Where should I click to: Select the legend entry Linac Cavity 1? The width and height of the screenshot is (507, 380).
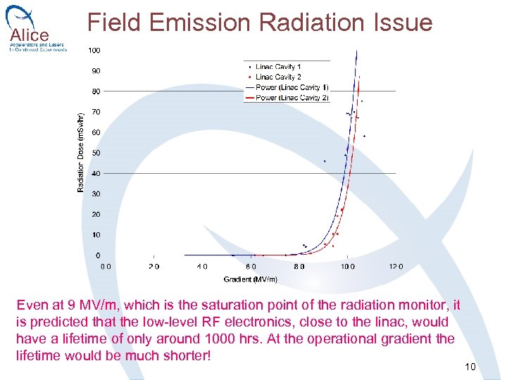tap(278, 67)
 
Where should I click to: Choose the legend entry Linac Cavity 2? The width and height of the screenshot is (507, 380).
tap(278, 77)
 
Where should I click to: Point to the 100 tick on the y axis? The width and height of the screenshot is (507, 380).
tap(94, 51)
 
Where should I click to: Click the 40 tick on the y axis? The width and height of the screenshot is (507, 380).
tap(95, 174)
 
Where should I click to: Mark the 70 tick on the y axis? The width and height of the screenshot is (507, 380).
tap(95, 112)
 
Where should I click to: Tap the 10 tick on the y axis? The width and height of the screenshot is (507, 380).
tap(95, 235)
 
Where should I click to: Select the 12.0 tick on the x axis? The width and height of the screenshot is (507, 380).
tap(396, 267)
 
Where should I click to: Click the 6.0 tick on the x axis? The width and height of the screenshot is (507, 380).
tap(251, 267)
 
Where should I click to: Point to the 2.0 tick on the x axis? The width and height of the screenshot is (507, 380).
tap(154, 267)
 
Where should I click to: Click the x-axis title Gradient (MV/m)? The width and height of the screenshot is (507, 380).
tap(250, 279)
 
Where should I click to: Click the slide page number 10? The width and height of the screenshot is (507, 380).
tap(470, 367)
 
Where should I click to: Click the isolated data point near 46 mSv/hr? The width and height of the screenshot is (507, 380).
tap(325, 161)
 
